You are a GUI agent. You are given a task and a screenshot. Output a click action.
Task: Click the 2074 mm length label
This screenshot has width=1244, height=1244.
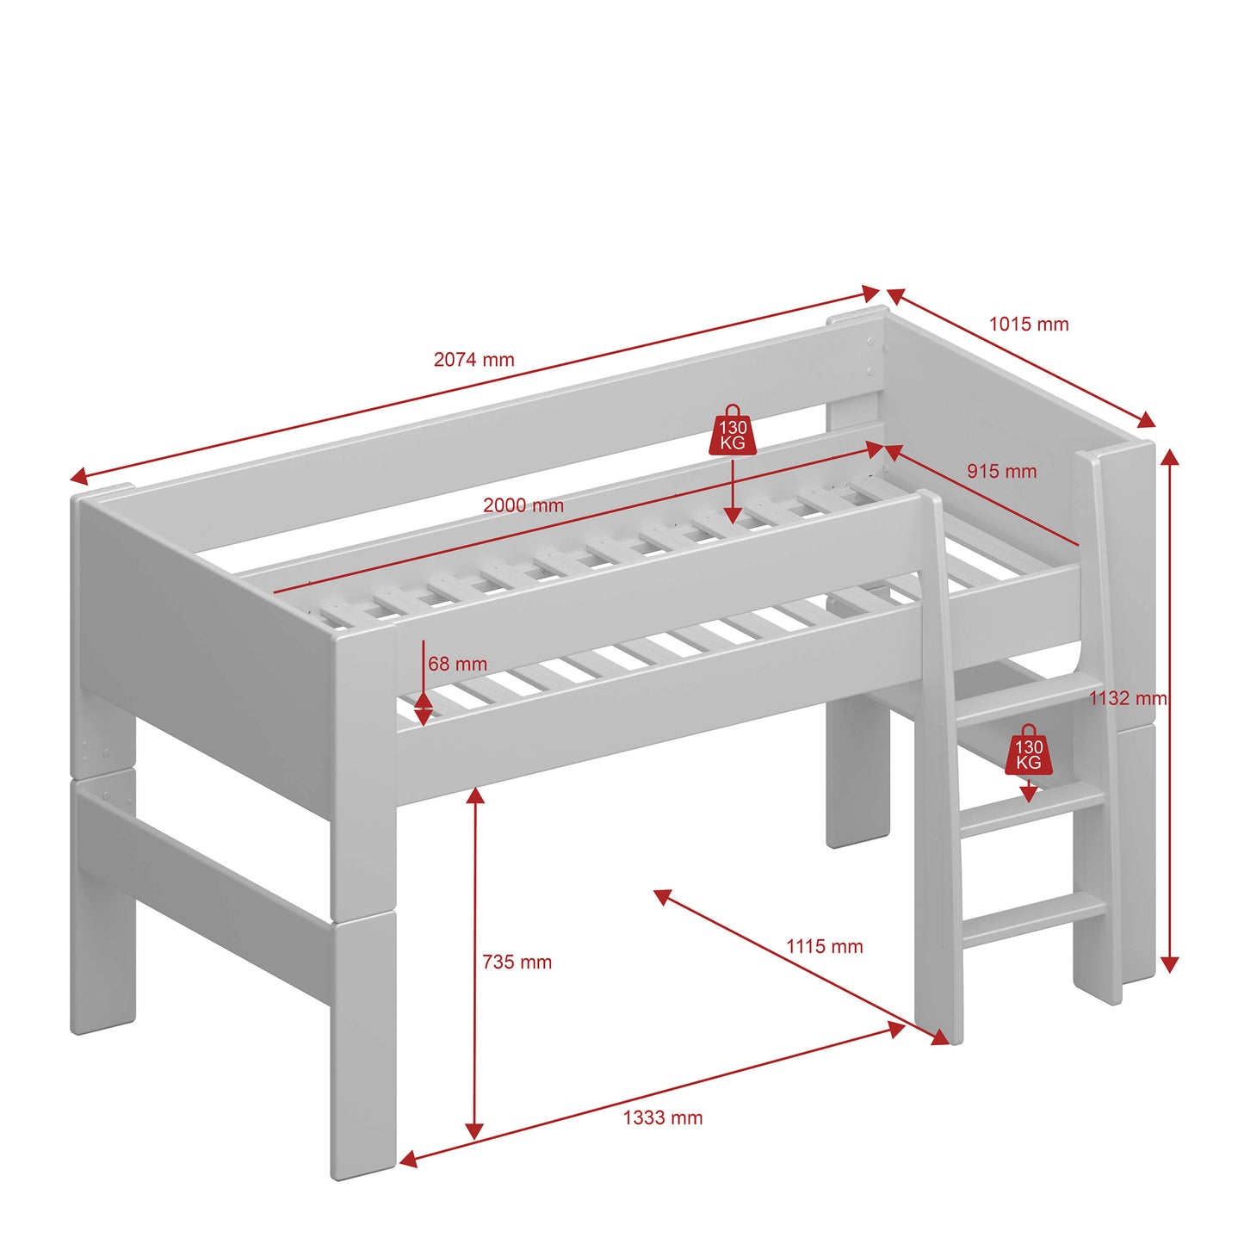pos(473,360)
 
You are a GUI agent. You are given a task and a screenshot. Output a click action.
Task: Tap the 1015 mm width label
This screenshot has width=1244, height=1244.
pos(1029,324)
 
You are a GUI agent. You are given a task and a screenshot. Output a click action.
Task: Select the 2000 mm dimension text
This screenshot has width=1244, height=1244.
pos(523,504)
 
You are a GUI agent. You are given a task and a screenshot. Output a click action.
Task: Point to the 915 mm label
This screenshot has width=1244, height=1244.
pos(1001,471)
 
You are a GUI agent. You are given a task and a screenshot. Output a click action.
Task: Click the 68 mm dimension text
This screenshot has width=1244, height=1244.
pos(457,664)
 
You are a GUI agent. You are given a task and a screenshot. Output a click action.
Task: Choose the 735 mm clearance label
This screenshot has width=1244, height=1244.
pos(517,962)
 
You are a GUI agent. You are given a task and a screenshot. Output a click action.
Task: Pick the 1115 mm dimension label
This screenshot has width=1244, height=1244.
pos(825,946)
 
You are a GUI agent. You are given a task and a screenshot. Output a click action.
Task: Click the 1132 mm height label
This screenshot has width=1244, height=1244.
pos(1129,698)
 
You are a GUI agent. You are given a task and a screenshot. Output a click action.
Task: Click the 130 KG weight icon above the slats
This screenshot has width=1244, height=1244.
pos(733,431)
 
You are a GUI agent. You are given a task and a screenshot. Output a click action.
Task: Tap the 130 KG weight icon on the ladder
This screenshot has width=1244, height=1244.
pos(1029,750)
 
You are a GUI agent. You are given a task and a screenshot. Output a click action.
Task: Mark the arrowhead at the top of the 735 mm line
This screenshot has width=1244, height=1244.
pos(475,795)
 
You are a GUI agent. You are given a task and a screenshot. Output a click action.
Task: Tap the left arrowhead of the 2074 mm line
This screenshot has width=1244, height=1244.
pos(78,477)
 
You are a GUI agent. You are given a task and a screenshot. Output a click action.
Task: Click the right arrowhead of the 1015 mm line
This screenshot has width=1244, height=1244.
pos(1147,420)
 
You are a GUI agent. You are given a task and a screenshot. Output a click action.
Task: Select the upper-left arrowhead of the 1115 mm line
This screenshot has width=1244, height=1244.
pos(662,896)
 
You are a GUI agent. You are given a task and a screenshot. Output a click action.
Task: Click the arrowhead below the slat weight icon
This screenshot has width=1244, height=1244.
pos(732,515)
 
